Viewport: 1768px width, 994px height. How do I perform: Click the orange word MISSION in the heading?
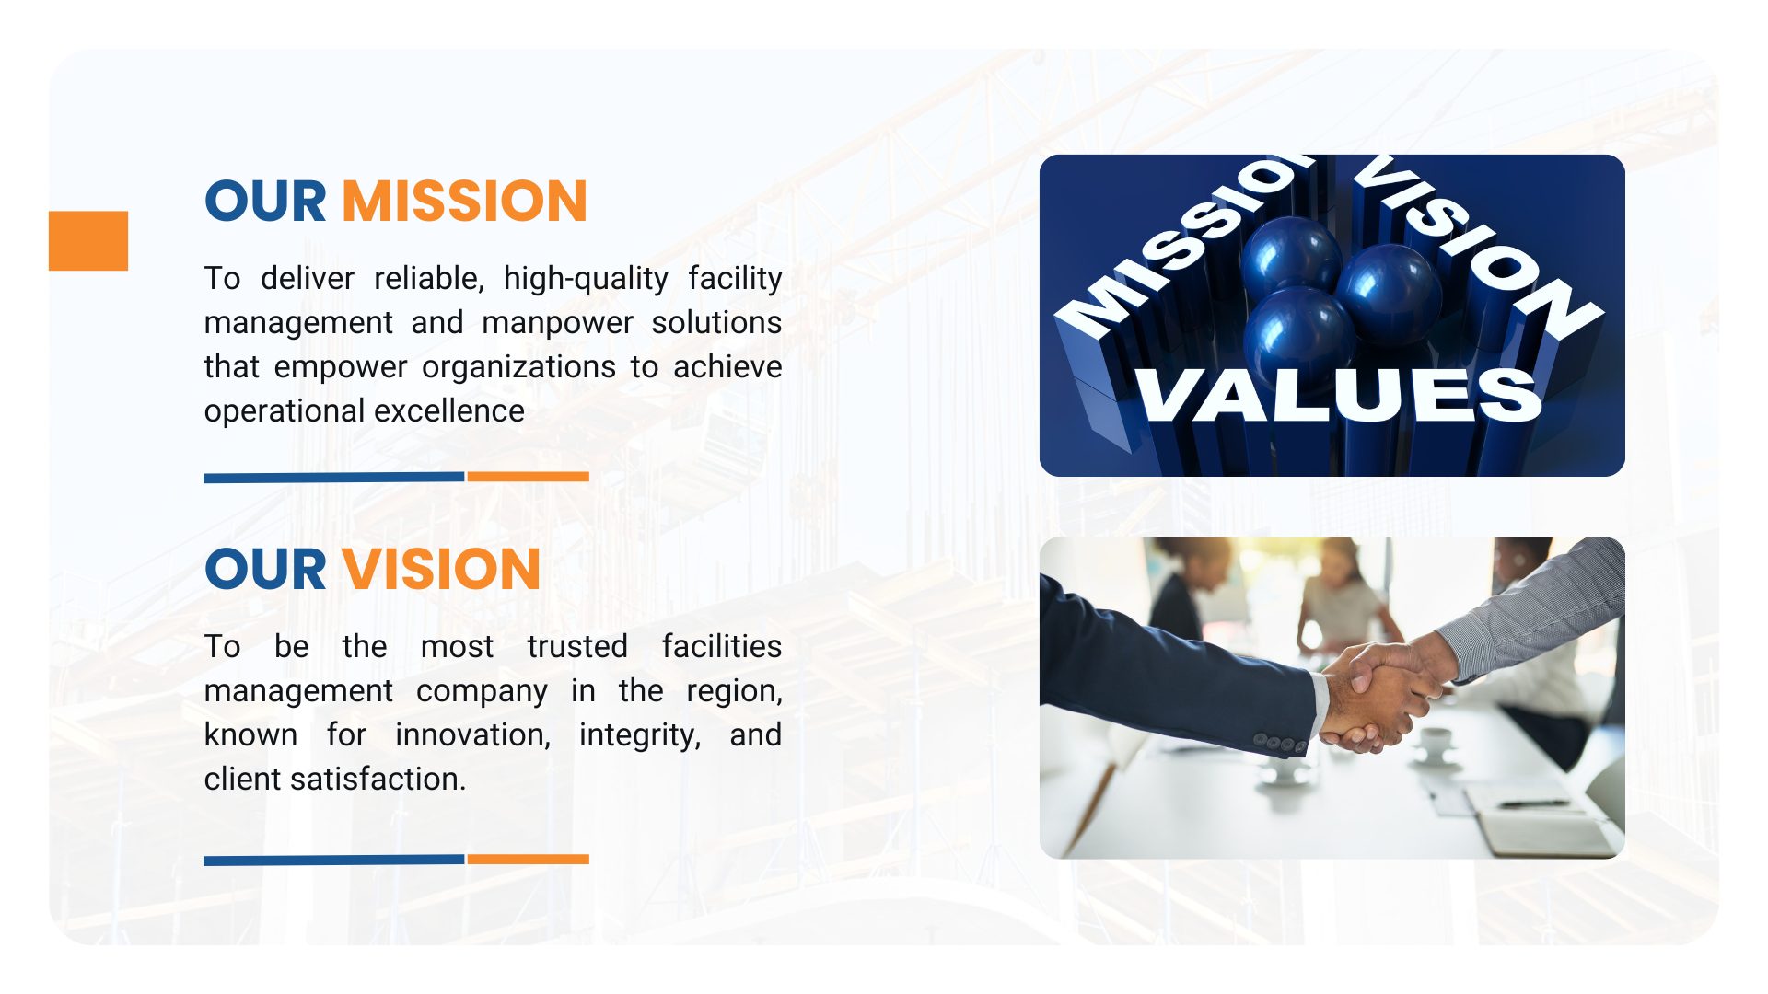(464, 201)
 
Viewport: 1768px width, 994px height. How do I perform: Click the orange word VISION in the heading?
(441, 569)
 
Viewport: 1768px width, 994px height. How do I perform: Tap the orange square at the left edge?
(88, 240)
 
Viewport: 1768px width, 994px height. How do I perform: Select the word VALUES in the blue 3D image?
(1338, 395)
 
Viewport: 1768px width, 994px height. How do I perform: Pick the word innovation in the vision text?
(472, 734)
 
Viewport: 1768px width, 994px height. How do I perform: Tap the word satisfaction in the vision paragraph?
(378, 779)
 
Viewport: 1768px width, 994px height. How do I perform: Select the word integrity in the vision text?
(640, 735)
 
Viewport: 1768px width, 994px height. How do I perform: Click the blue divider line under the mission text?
(333, 477)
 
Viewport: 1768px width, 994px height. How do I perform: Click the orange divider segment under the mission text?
(528, 477)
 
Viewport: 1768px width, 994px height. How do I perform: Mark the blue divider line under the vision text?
(333, 860)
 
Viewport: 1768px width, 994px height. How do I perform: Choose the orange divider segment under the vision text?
(528, 859)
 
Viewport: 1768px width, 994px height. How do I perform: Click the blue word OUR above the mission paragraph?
(265, 201)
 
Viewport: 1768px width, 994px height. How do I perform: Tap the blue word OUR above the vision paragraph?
(265, 569)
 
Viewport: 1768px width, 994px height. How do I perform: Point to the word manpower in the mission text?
(557, 323)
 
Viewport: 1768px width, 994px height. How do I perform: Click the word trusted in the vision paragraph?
(577, 646)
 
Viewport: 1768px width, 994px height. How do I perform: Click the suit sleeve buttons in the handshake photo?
(1279, 742)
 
